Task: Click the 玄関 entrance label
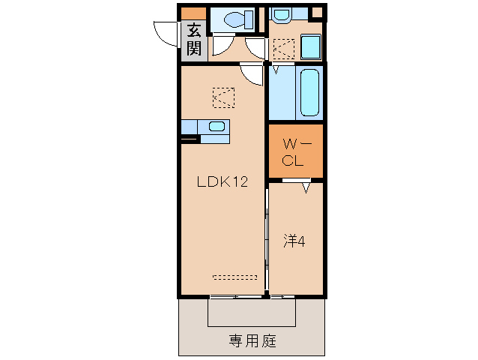tap(194, 40)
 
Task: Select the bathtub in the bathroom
tap(309, 93)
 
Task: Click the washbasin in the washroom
tap(282, 14)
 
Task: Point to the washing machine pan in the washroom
tap(285, 48)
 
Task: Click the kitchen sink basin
tap(217, 126)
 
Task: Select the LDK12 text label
tap(222, 181)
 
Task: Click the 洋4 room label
tap(293, 241)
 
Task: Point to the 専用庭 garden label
tap(252, 341)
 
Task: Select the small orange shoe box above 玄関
tap(193, 13)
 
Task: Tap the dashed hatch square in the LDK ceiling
tap(223, 97)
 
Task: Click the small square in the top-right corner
tap(317, 12)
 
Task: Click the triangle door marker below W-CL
tap(306, 188)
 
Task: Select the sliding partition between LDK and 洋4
tap(267, 236)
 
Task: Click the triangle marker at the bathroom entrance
tap(275, 70)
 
